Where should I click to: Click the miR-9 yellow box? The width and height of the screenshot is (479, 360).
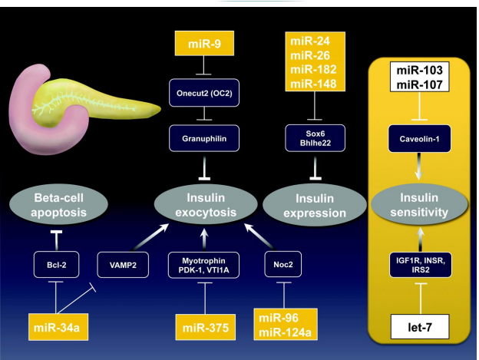coord(203,45)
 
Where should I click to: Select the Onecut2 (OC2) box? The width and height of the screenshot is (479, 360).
coord(203,96)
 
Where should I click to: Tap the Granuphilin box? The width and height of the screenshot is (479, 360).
coord(203,138)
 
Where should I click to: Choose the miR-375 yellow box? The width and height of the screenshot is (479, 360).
coord(203,328)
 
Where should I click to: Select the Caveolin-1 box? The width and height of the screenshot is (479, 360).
coord(419,139)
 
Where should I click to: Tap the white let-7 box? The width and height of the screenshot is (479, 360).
coord(419,331)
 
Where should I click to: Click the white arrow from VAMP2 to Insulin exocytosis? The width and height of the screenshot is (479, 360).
coord(153,236)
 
